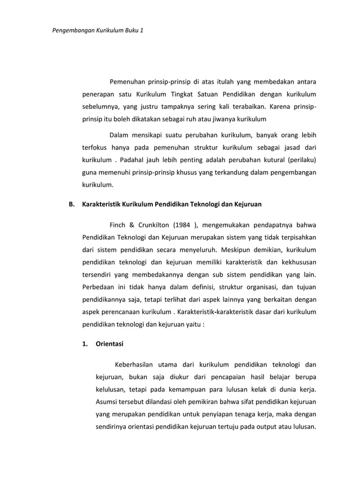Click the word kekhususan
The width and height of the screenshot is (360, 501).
(x=296, y=262)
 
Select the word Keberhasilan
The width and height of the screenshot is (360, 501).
(x=137, y=364)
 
